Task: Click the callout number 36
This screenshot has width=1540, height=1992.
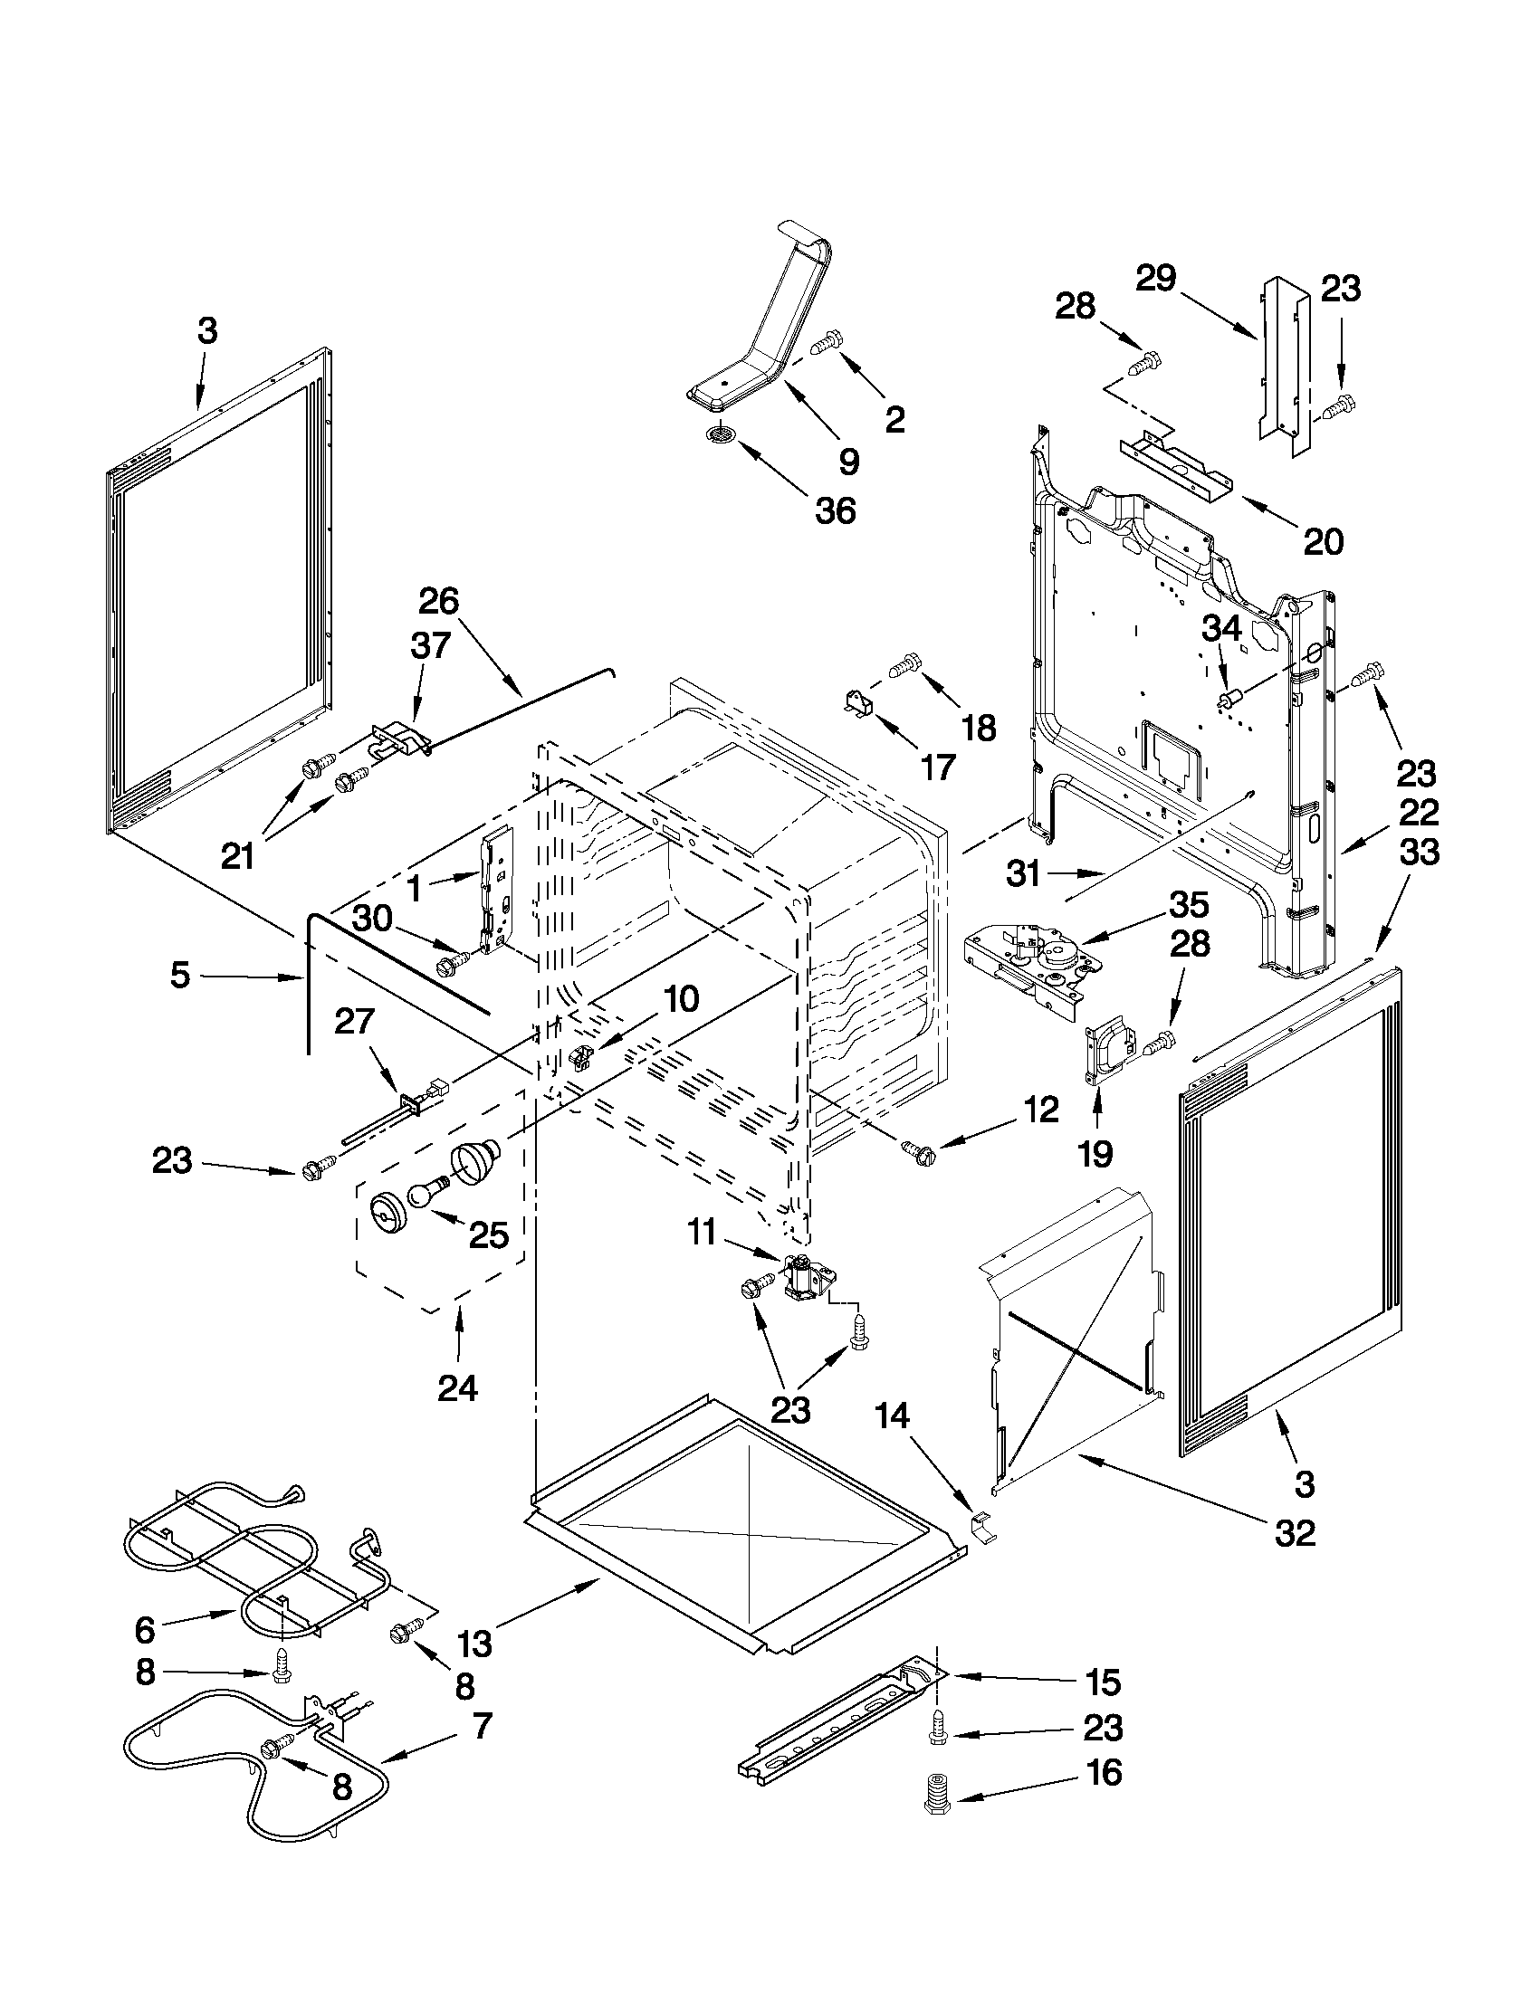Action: click(x=836, y=510)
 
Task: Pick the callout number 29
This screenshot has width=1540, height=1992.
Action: click(x=1156, y=278)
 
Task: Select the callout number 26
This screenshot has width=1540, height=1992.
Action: click(x=439, y=601)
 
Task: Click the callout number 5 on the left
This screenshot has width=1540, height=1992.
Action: click(x=180, y=975)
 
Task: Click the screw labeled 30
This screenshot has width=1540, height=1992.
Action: click(x=455, y=961)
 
